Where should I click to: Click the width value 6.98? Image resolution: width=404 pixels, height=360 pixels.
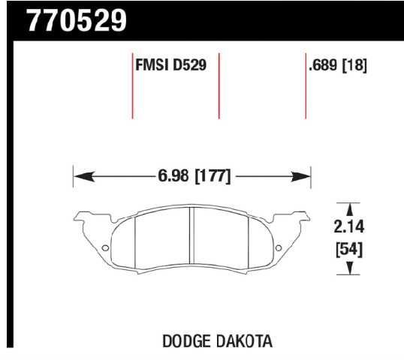coord(174,177)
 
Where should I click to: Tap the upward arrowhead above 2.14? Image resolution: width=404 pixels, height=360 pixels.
coord(348,208)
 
